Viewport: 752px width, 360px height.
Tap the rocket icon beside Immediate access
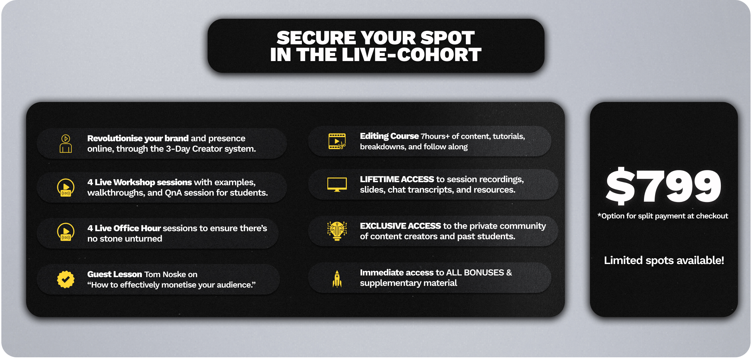point(337,279)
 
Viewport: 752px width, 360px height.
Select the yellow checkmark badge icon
point(66,279)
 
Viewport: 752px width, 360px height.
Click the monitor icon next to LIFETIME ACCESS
point(337,185)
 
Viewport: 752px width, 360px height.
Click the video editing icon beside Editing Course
point(337,141)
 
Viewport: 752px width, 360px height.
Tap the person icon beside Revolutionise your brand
point(66,144)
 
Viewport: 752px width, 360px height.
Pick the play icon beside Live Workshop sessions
point(66,188)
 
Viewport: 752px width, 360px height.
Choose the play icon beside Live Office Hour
point(66,232)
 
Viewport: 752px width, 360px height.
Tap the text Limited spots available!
point(664,260)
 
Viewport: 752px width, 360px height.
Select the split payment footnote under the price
point(663,216)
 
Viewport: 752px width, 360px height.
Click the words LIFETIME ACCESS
point(397,179)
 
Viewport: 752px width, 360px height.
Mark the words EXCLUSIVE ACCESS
point(400,226)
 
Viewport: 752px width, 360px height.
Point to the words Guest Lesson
point(115,274)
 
